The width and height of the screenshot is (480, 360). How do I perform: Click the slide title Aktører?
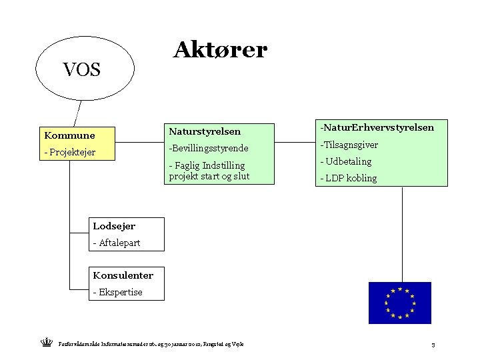(220, 49)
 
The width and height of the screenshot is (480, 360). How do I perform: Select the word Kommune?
(69, 135)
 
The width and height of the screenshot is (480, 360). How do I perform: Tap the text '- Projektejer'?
(70, 152)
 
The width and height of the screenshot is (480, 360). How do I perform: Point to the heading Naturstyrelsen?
(205, 131)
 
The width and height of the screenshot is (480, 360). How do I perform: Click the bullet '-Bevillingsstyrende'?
(209, 147)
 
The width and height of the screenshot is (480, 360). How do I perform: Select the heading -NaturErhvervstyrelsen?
(377, 127)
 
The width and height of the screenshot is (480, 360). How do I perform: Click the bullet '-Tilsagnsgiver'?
(349, 145)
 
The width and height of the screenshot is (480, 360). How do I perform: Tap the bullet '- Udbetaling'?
(346, 161)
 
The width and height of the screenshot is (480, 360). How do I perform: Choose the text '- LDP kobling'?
(349, 178)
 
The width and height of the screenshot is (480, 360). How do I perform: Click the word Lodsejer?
(114, 227)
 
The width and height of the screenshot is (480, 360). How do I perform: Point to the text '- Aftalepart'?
(117, 243)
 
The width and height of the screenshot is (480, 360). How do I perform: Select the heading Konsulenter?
(123, 275)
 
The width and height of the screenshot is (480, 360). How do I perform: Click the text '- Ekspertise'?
(118, 291)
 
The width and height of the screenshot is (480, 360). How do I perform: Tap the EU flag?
(399, 303)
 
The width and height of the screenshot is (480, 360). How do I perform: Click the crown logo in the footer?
(46, 343)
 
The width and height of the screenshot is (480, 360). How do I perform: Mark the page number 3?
(433, 345)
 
